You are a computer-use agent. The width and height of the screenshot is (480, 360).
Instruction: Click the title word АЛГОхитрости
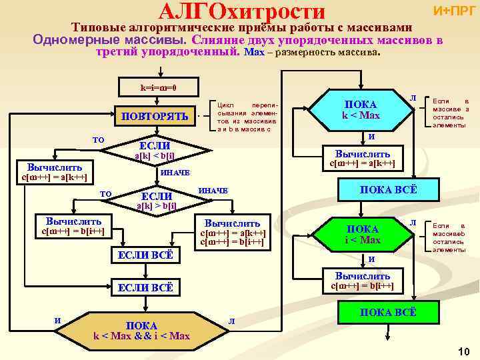(243, 11)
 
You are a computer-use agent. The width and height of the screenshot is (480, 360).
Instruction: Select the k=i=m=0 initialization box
(158, 87)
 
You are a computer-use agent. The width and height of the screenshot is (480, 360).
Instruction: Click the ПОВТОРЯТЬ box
(154, 116)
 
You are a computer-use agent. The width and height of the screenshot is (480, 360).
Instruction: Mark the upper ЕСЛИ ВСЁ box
(145, 255)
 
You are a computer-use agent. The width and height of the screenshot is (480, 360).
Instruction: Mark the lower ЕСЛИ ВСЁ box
(145, 287)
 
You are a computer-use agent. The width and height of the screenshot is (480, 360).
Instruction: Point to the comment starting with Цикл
(246, 117)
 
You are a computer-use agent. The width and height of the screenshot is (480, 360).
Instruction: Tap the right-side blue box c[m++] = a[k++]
(363, 157)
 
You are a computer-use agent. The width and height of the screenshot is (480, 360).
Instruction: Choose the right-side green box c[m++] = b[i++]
(363, 281)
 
